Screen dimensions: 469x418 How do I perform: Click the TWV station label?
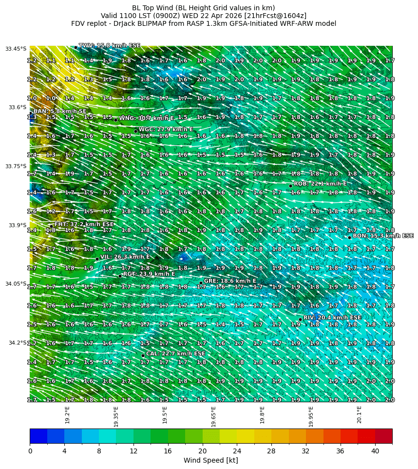[x=110, y=45]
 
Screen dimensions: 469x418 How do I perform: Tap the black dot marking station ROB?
[x=290, y=186]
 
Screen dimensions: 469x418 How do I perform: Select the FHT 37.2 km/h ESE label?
[x=84, y=224]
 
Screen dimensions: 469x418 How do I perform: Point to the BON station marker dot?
[x=349, y=237]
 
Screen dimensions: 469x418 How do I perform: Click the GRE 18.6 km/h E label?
[x=230, y=281]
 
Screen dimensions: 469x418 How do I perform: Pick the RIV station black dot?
[x=300, y=319]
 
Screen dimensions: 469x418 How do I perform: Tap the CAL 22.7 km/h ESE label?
[x=175, y=353]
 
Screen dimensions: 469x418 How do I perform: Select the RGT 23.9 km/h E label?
[x=149, y=274]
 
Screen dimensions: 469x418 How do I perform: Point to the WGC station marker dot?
[x=135, y=131]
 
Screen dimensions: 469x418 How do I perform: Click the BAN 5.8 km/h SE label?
[x=60, y=112]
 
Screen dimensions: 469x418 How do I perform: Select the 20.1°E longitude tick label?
[x=359, y=414]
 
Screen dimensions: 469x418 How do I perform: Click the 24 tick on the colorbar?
[x=237, y=451]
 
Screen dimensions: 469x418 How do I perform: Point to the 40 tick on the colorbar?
[x=375, y=451]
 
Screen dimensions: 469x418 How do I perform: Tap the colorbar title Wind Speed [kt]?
[x=211, y=460]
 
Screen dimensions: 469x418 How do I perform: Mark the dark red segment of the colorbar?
[x=383, y=436]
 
